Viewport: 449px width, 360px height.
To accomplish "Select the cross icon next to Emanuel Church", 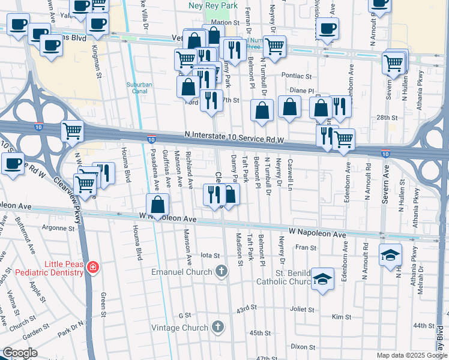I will click(x=221, y=272).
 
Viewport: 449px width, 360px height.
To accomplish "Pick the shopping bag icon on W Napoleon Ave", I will click(x=157, y=205).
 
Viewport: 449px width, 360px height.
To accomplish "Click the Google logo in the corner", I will click(x=20, y=353).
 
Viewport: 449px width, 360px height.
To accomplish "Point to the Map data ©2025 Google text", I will click(x=412, y=356).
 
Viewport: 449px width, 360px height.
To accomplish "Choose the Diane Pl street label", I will click(x=301, y=91).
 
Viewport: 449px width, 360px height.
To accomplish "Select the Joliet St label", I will click(x=302, y=310).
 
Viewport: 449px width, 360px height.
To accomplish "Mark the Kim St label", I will click(x=341, y=316).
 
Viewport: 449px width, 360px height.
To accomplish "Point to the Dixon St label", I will click(x=303, y=347).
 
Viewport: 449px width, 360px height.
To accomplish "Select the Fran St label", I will click(x=306, y=247).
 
